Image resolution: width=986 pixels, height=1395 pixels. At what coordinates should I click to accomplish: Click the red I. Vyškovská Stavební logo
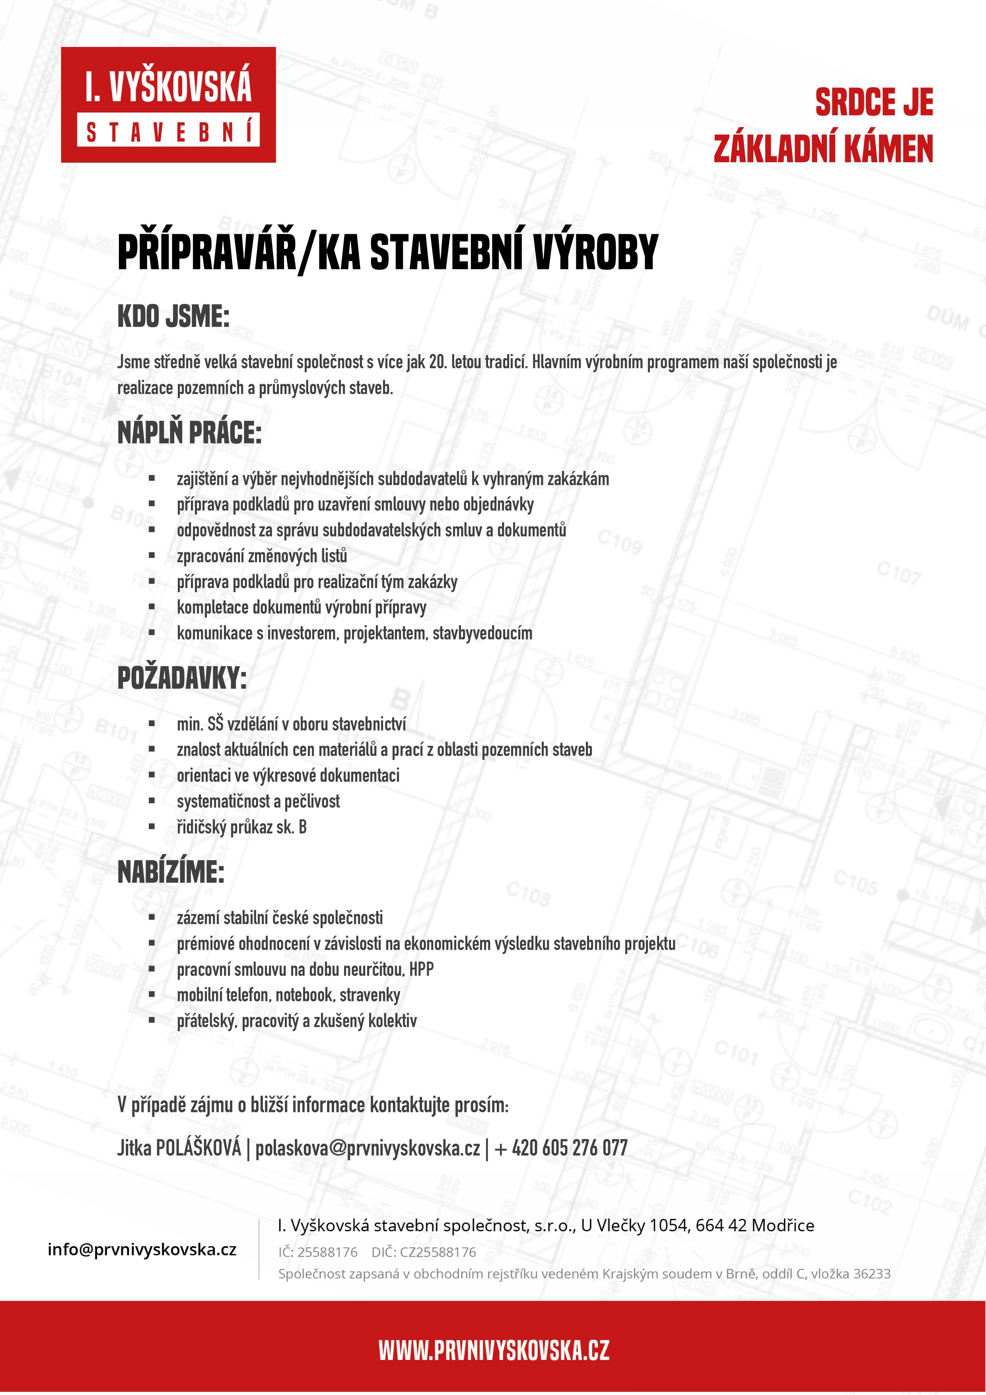(x=168, y=105)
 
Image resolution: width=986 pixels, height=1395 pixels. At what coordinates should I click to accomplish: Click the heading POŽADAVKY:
(x=182, y=678)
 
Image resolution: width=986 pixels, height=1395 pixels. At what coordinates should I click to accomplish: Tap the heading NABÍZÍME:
(x=171, y=872)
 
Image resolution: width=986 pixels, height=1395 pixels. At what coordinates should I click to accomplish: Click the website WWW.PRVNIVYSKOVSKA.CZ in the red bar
(x=493, y=1350)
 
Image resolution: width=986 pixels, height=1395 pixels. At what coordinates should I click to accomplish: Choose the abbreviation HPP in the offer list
(x=421, y=970)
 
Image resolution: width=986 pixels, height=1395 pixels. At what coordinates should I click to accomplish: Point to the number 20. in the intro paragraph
(x=438, y=362)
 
